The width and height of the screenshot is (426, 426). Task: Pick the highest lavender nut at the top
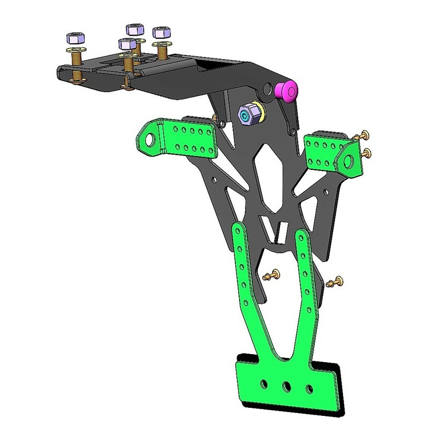click(x=134, y=29)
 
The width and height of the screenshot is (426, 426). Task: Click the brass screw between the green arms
click(x=273, y=276)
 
